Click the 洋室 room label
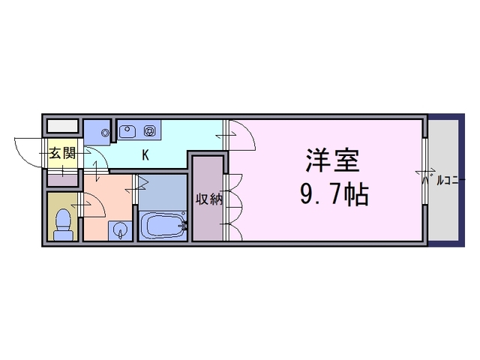point(332,160)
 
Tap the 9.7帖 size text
point(334,195)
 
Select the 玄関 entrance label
point(62,153)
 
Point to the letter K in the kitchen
point(145,155)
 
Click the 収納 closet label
point(209,199)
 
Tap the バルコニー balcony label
point(443,180)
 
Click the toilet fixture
point(63,224)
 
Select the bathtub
point(163,226)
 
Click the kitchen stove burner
point(150,131)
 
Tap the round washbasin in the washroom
point(120,229)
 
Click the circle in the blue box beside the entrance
point(106,133)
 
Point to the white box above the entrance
point(62,126)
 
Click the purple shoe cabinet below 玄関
point(62,181)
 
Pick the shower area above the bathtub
point(163,192)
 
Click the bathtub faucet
point(184,226)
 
